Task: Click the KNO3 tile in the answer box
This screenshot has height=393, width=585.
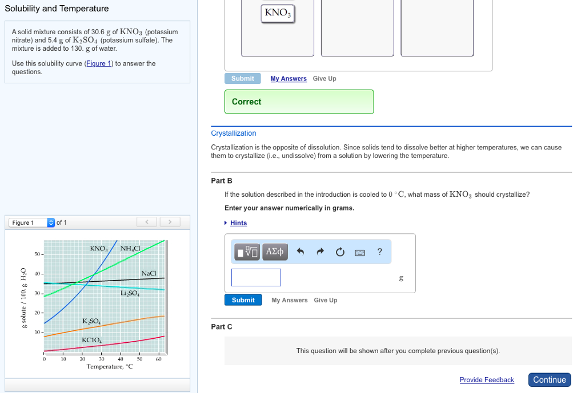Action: (278, 13)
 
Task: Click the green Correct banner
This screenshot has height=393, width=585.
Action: (299, 102)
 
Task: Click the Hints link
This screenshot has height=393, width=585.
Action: (238, 223)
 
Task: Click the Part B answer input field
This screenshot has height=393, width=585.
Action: (256, 277)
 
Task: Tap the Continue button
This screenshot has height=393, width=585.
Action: (549, 380)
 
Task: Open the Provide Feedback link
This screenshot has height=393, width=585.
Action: (486, 380)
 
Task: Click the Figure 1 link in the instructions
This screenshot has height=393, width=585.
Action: (98, 63)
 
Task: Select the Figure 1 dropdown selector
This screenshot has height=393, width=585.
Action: (31, 222)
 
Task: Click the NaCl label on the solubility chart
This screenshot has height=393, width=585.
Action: (149, 273)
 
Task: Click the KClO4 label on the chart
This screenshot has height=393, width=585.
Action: (92, 341)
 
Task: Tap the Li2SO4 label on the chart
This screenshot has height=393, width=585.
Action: (129, 293)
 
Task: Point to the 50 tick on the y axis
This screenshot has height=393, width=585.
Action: (37, 253)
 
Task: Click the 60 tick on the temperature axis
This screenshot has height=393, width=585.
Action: (158, 359)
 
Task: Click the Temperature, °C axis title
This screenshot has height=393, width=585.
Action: (110, 367)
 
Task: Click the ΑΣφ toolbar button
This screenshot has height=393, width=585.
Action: (275, 252)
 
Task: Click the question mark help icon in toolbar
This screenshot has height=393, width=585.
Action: (379, 252)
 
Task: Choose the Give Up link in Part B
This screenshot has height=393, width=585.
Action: (325, 300)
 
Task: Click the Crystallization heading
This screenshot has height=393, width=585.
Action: (233, 133)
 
